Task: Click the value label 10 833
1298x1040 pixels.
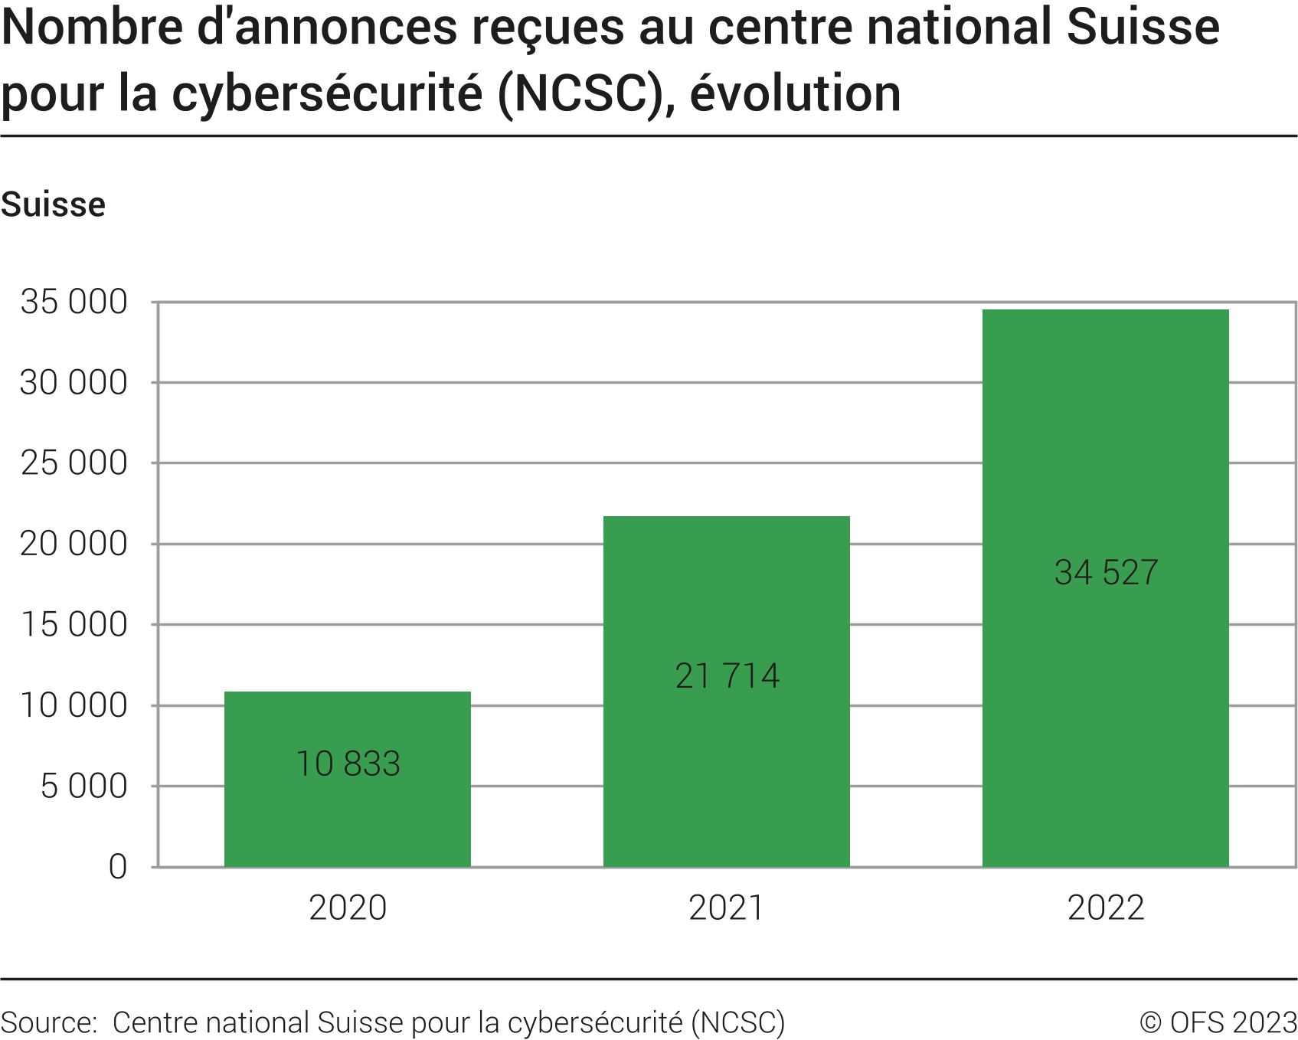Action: point(348,764)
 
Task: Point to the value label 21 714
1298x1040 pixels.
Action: point(727,675)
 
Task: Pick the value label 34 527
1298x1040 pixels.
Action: point(1106,572)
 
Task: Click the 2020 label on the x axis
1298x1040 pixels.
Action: point(348,908)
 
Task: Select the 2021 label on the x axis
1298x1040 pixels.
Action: point(726,908)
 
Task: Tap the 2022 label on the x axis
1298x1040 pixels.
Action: point(1105,908)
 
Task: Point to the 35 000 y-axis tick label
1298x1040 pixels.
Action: point(74,302)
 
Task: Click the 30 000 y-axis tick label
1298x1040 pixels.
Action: point(74,382)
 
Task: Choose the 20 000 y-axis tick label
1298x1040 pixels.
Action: point(74,544)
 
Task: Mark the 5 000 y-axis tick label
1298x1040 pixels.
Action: point(83,786)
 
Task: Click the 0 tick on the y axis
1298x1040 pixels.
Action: point(118,867)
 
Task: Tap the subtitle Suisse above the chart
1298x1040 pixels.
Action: point(53,204)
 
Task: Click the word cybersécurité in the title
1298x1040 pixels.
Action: point(327,93)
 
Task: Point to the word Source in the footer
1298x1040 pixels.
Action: point(47,1022)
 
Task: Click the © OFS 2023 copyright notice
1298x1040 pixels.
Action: point(1218,1022)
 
